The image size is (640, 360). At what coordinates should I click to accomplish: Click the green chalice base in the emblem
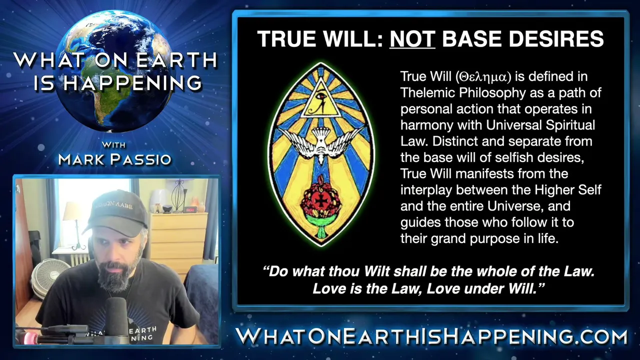click(321, 227)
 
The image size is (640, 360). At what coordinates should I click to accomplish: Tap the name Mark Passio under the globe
click(114, 159)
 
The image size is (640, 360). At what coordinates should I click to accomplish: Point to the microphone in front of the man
click(116, 317)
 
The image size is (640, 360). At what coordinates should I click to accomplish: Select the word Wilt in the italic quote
click(377, 271)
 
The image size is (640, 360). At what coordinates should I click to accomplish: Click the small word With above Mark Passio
click(113, 145)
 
